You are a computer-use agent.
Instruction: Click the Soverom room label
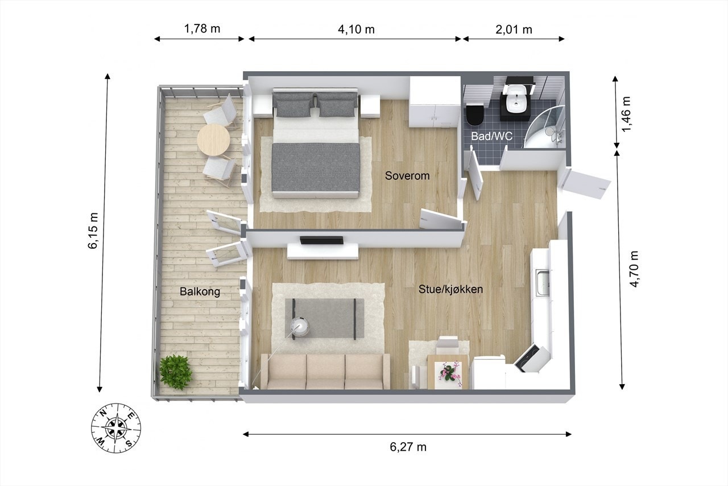coord(407,175)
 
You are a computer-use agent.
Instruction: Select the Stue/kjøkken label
coord(451,289)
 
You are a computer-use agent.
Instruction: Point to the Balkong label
coord(200,292)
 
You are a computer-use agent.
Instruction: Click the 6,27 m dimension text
coord(408,447)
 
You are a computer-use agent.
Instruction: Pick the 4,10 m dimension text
coord(356,30)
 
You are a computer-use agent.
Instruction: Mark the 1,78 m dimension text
coord(202,29)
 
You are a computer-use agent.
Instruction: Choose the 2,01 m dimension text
coord(514,30)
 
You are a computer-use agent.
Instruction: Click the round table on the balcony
coord(213,138)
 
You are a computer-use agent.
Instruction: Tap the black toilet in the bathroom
coord(474,114)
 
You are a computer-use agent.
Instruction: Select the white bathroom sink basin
coord(518,97)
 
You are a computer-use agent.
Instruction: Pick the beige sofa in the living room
coord(325,371)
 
